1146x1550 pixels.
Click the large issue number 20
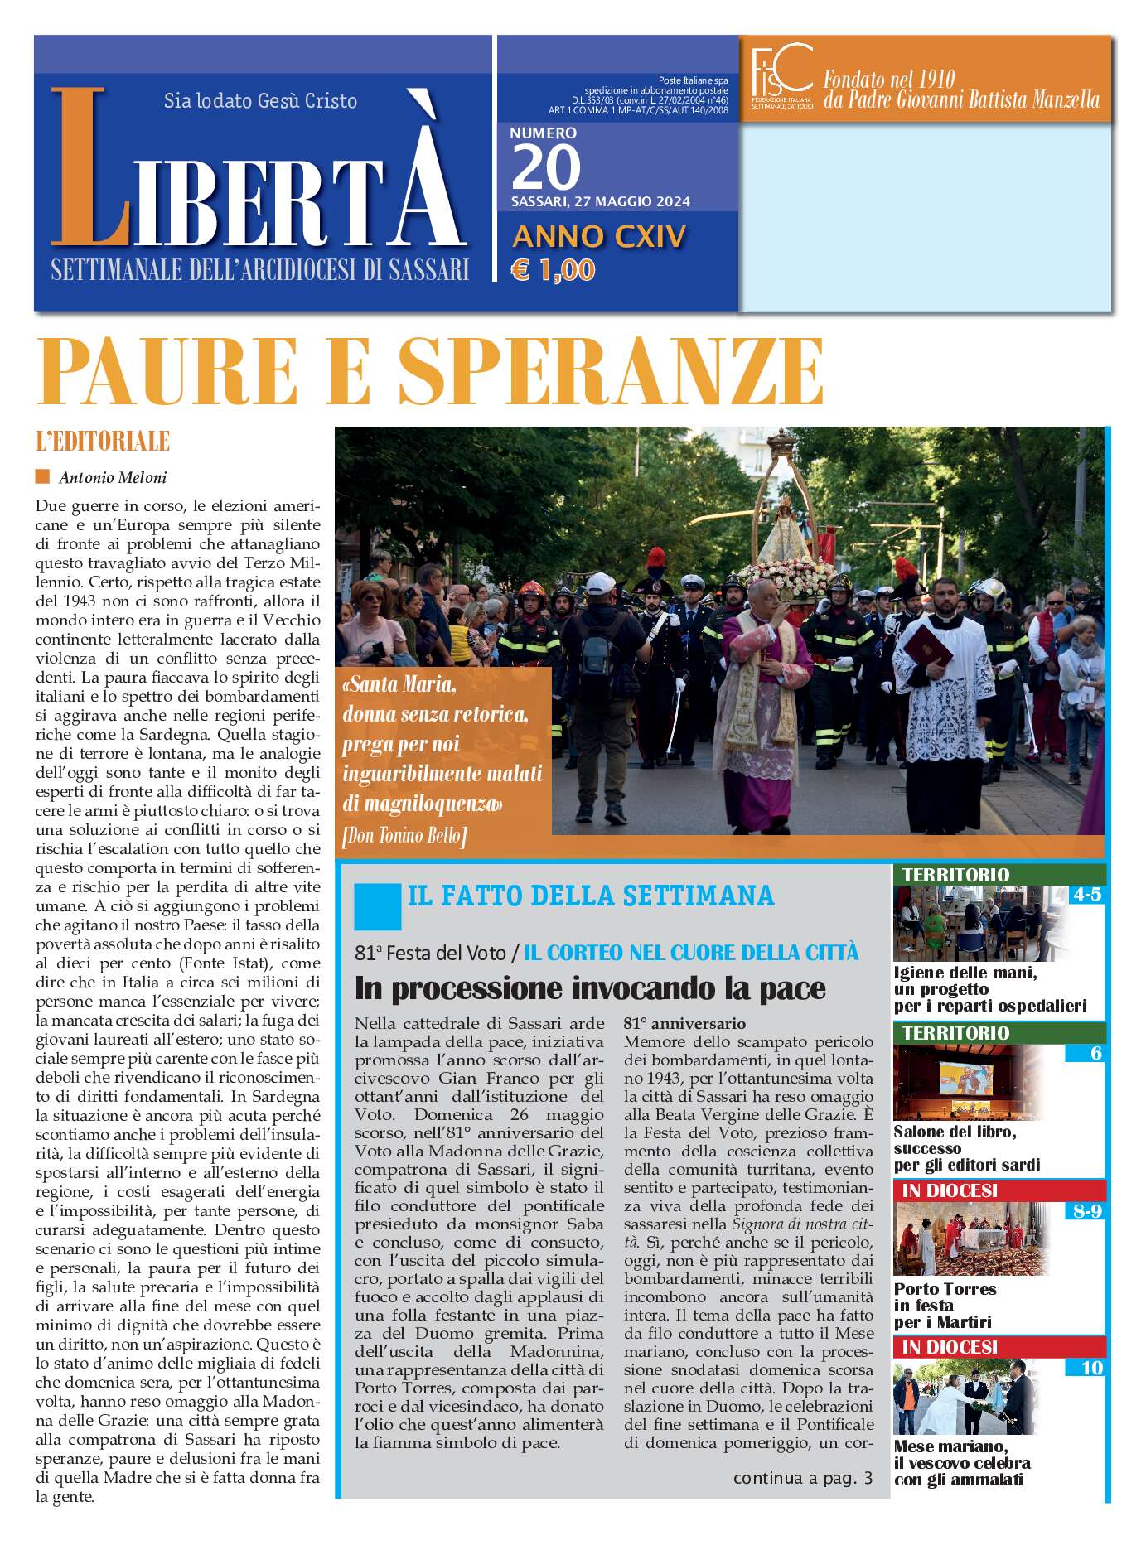[x=546, y=168]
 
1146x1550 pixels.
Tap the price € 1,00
[x=553, y=270]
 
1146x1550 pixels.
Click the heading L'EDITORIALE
[x=103, y=442]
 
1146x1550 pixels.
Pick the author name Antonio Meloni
[x=113, y=478]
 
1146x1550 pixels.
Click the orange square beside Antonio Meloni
[x=42, y=477]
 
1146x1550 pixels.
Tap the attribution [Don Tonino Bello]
[x=404, y=836]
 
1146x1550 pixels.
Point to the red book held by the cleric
[x=927, y=649]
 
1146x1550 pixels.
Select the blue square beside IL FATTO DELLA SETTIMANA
[x=377, y=906]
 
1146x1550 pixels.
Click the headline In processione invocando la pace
[x=590, y=988]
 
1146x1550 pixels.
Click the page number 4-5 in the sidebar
[x=1086, y=895]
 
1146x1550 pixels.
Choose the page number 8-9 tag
[x=1086, y=1211]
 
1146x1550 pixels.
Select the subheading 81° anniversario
[x=684, y=1024]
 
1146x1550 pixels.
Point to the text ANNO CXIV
[x=599, y=237]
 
